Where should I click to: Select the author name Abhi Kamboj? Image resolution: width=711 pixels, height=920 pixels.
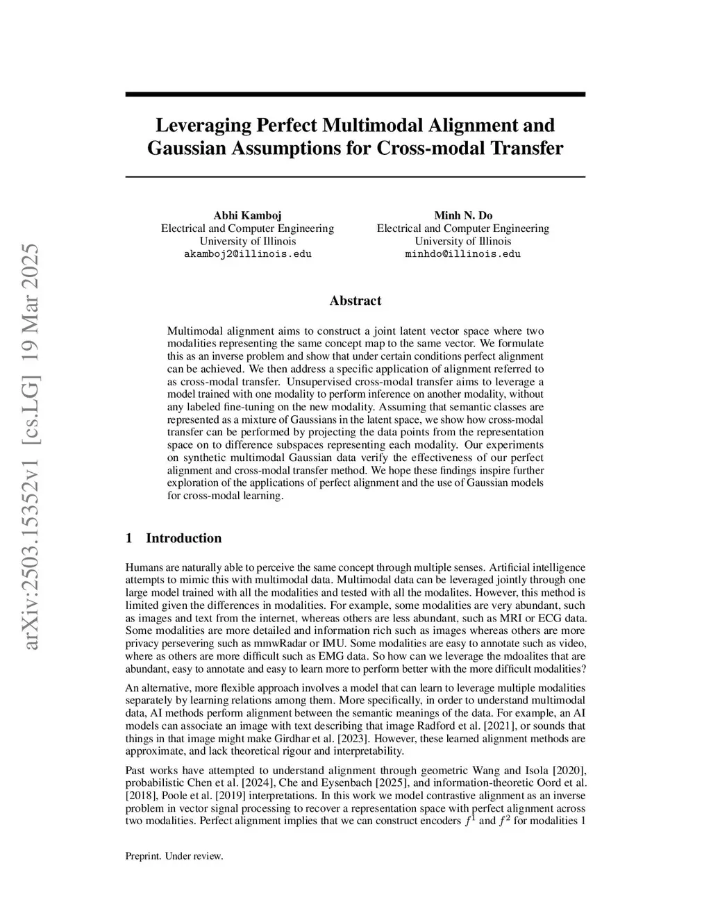click(247, 215)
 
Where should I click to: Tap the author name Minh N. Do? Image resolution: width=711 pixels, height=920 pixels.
click(463, 215)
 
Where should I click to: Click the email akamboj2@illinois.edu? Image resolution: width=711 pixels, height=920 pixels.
click(247, 254)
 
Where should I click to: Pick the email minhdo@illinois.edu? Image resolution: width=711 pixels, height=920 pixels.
click(463, 254)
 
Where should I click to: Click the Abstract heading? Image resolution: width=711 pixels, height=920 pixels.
click(355, 301)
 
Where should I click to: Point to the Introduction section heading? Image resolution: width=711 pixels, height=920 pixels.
click(183, 538)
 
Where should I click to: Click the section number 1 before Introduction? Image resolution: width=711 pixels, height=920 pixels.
click(128, 538)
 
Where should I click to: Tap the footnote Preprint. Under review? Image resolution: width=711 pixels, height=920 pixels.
click(174, 856)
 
